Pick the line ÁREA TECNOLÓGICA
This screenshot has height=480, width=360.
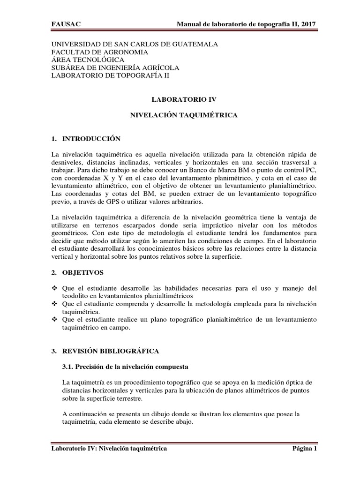click(88, 60)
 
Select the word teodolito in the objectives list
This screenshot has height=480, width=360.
click(77, 296)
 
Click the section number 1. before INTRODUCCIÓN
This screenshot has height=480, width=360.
click(54, 139)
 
